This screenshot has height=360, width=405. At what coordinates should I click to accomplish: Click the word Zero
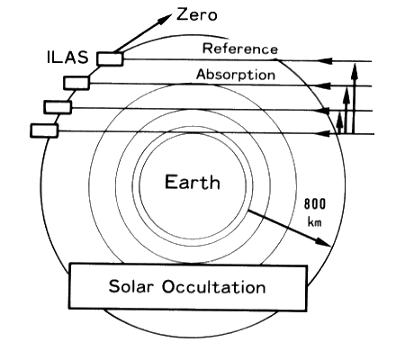[196, 14]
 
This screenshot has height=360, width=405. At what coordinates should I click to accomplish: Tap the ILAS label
[67, 57]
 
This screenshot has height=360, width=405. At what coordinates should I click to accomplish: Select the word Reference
[240, 49]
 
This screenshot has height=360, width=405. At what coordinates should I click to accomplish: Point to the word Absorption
[236, 75]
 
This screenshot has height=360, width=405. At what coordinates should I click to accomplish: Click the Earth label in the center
[193, 182]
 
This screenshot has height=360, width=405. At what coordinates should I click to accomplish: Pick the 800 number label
[315, 204]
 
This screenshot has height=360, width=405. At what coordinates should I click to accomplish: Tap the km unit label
[315, 222]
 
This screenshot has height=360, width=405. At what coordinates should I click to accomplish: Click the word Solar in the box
[131, 286]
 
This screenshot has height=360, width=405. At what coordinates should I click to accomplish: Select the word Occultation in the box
[214, 286]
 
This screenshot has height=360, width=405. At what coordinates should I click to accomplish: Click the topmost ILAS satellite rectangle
[110, 58]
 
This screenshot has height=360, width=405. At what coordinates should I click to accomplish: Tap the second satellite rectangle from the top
[76, 83]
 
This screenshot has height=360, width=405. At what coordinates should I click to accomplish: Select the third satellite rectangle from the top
[58, 107]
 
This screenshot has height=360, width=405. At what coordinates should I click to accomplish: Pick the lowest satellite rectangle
[44, 130]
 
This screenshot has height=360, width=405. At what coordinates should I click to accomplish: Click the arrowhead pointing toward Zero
[165, 19]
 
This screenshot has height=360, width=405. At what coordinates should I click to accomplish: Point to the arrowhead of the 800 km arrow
[323, 242]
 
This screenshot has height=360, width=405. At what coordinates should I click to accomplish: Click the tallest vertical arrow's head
[355, 70]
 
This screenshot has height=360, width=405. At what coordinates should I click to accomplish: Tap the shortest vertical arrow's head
[339, 120]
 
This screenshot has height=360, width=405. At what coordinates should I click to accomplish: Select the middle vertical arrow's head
[346, 94]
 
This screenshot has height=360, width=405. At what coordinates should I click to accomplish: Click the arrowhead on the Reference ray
[325, 61]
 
